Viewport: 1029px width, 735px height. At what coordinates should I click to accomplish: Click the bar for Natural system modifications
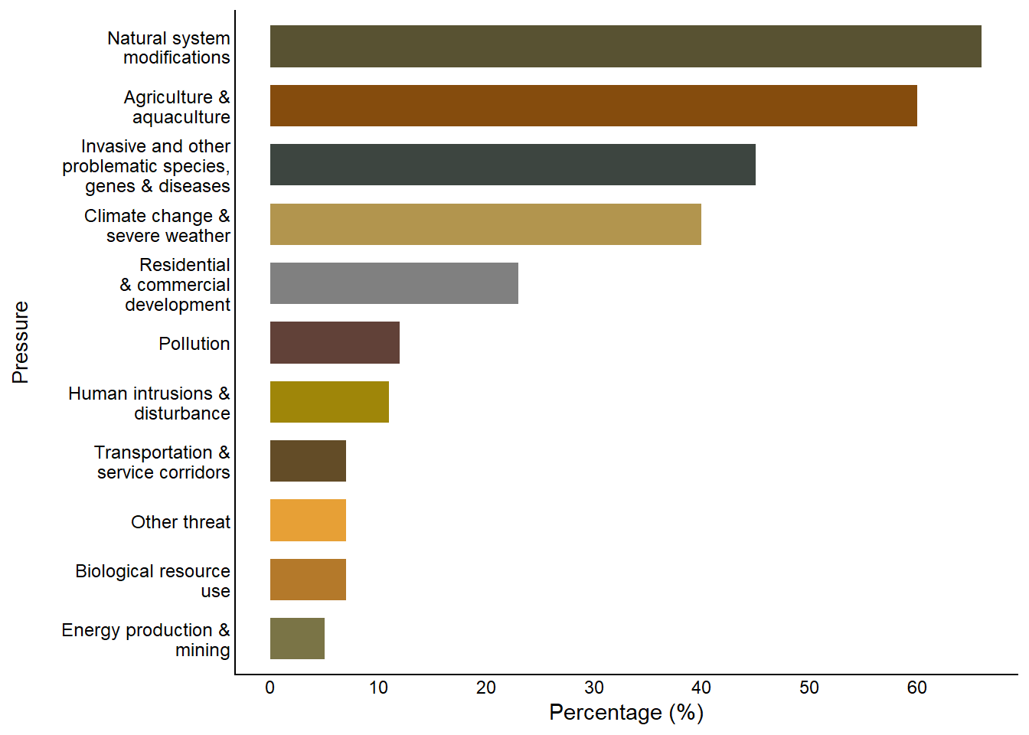626,47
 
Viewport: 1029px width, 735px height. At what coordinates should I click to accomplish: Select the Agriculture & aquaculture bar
593,106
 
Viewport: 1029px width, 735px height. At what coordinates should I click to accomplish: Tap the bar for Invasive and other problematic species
513,165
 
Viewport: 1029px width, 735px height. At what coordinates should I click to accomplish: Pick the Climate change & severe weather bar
485,224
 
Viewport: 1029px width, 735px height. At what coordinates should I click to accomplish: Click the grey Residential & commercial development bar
394,283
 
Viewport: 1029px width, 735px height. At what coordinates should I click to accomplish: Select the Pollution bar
335,343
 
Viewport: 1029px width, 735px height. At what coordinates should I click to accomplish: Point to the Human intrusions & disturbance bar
329,402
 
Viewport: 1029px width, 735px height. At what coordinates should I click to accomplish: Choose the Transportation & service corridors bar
308,461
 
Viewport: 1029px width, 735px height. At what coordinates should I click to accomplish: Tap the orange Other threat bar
308,521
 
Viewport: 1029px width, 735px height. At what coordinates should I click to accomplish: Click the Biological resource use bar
308,580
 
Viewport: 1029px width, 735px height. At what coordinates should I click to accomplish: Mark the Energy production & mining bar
297,639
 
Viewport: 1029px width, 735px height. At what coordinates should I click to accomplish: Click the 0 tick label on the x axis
270,688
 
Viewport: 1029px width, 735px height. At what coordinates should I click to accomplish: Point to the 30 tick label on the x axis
593,688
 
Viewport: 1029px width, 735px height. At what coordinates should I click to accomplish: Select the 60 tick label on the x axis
916,688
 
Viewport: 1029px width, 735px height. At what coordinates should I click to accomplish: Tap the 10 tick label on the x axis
378,688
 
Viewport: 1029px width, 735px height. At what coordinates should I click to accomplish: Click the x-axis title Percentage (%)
626,713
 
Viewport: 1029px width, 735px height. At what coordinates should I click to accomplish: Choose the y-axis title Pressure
21,342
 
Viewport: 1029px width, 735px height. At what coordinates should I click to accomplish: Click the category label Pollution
194,344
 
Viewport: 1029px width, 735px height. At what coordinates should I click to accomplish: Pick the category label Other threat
180,522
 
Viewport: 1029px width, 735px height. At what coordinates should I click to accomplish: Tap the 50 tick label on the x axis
809,688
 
